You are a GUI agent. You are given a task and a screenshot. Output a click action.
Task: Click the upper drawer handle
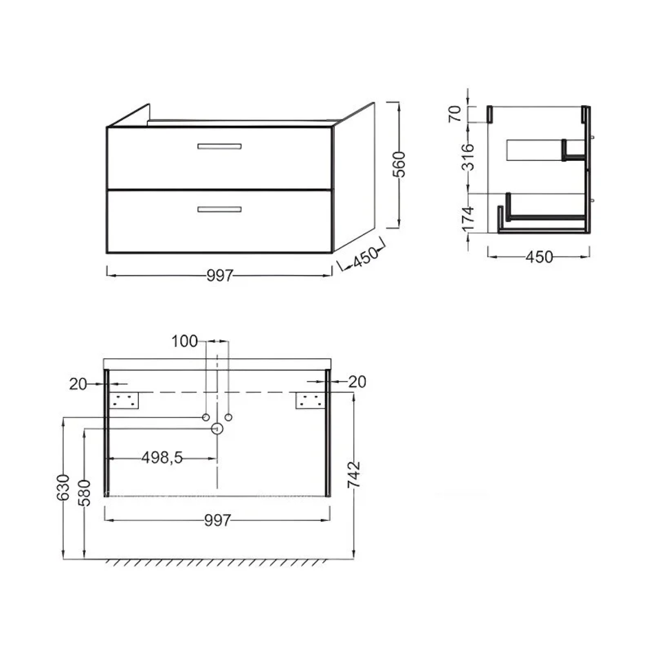pyautogui.click(x=219, y=146)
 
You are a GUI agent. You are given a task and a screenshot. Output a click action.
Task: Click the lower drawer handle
pyautogui.click(x=219, y=210)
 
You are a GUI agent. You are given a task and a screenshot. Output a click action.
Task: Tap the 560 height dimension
pyautogui.click(x=399, y=164)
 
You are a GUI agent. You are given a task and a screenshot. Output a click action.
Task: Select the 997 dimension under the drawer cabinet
pyautogui.click(x=220, y=275)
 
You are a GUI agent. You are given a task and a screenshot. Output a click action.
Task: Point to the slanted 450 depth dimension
pyautogui.click(x=366, y=257)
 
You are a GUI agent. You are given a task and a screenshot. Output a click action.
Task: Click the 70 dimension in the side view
pyautogui.click(x=455, y=113)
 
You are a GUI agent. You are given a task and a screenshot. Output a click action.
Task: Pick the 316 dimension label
pyautogui.click(x=468, y=157)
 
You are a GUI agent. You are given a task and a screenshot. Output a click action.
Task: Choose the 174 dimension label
pyautogui.click(x=468, y=219)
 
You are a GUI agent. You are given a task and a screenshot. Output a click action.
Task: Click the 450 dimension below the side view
pyautogui.click(x=540, y=257)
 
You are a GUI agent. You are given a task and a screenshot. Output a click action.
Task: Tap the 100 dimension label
pyautogui.click(x=184, y=342)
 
